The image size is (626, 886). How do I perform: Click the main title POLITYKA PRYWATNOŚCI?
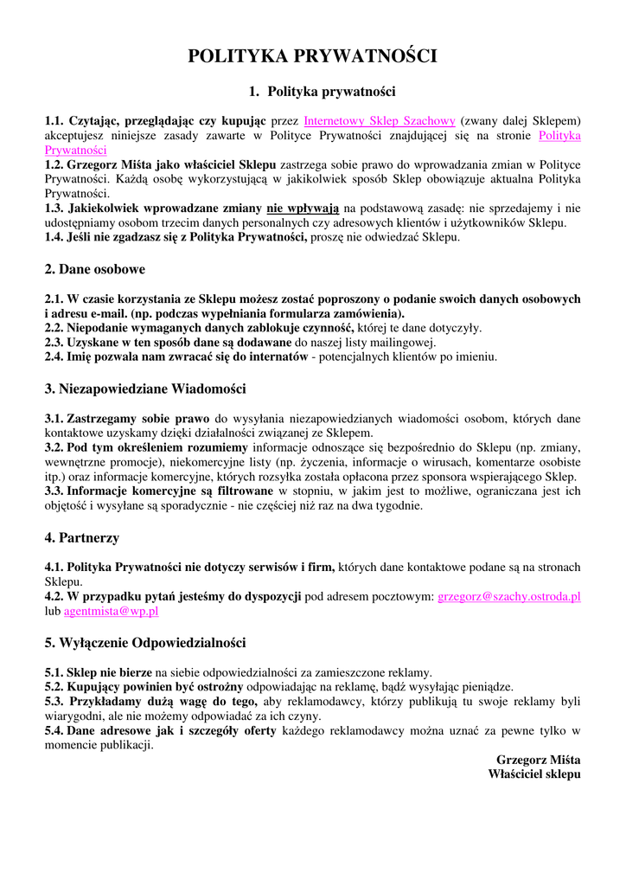tap(313, 56)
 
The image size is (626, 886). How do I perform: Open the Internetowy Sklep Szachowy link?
tap(380, 120)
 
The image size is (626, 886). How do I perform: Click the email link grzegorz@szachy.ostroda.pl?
tap(509, 596)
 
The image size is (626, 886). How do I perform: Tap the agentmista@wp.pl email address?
tap(112, 611)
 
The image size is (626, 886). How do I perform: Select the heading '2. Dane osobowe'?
tap(95, 269)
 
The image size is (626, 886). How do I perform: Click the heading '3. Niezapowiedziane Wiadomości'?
tap(145, 388)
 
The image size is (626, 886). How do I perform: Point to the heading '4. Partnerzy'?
tap(82, 537)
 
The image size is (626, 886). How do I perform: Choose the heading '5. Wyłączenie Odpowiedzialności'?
tap(145, 643)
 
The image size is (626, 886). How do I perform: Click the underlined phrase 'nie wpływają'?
tap(303, 208)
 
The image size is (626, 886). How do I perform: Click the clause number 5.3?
tap(56, 702)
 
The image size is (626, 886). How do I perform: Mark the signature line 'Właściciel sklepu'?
tap(534, 774)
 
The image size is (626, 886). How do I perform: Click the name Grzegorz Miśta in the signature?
tap(539, 760)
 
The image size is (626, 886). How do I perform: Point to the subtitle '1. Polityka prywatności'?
tap(322, 91)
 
